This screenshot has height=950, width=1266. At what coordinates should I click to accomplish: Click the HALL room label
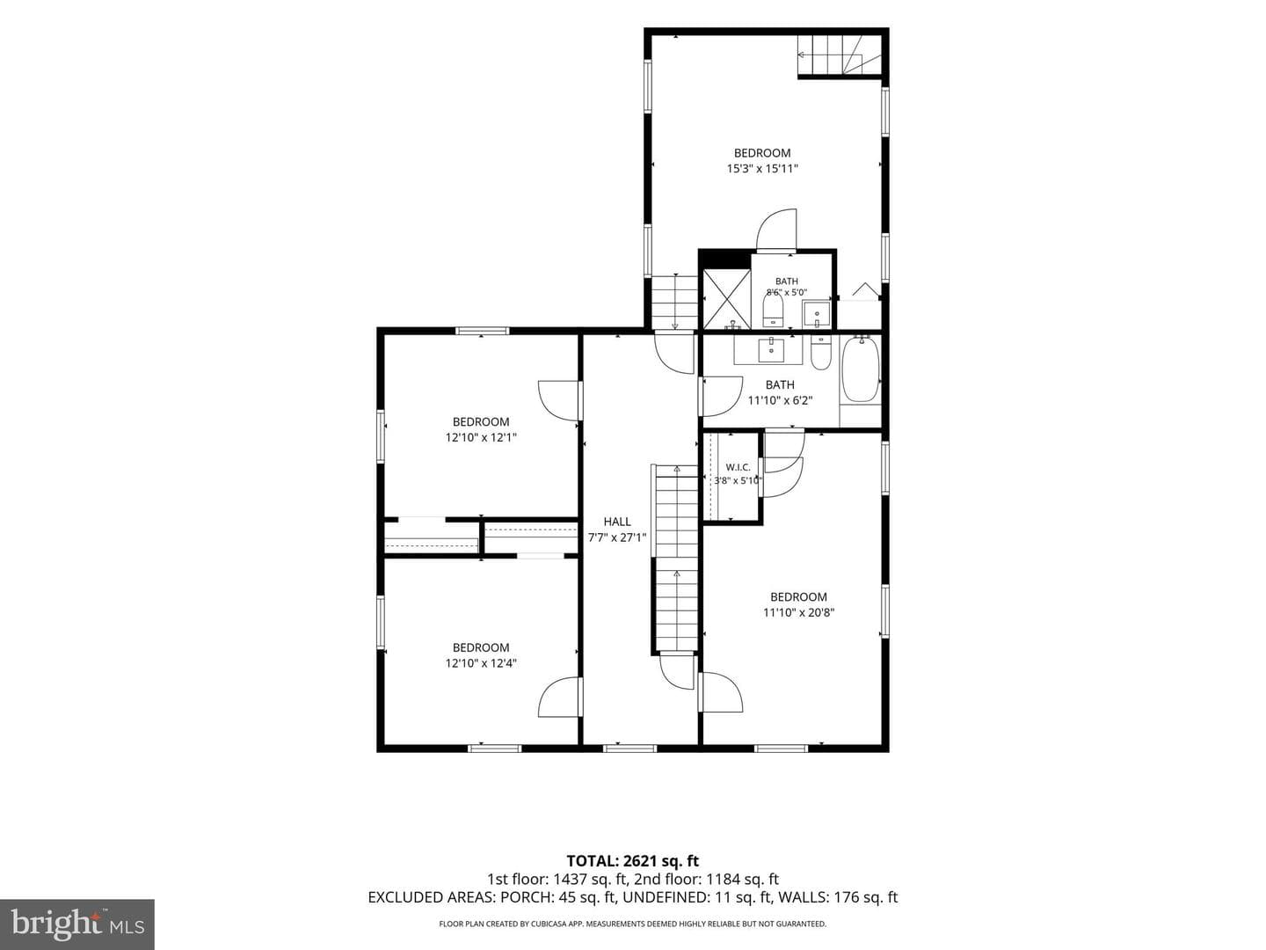click(x=616, y=522)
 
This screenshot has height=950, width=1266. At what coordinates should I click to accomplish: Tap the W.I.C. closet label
click(x=738, y=467)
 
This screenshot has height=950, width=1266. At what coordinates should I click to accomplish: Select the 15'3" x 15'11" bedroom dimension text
click(x=762, y=168)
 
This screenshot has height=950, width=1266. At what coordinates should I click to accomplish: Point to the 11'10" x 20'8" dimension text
click(x=798, y=612)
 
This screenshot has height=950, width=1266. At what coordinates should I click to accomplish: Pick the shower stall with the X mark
click(x=727, y=299)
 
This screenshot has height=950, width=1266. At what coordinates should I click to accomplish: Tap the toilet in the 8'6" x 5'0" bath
click(x=773, y=309)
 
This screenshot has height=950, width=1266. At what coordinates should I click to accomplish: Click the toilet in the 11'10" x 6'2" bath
click(x=819, y=353)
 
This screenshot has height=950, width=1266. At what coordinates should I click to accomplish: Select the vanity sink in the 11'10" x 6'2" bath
click(x=771, y=349)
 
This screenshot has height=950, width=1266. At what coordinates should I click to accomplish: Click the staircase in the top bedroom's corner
click(x=840, y=55)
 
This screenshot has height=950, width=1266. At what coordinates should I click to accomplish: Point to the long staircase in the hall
click(x=676, y=559)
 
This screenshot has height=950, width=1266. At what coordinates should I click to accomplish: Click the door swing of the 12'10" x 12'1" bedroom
click(x=559, y=400)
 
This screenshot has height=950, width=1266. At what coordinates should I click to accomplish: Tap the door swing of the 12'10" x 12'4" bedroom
click(x=559, y=697)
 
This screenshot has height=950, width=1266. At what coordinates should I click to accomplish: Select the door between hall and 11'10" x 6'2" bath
click(x=721, y=396)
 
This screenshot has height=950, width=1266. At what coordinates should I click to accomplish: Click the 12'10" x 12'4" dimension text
click(x=480, y=663)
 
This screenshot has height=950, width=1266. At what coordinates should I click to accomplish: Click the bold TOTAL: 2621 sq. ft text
click(x=633, y=861)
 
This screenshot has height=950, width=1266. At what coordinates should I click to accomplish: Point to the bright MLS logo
click(x=77, y=924)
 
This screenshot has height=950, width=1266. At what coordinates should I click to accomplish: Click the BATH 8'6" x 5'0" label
click(x=786, y=287)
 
